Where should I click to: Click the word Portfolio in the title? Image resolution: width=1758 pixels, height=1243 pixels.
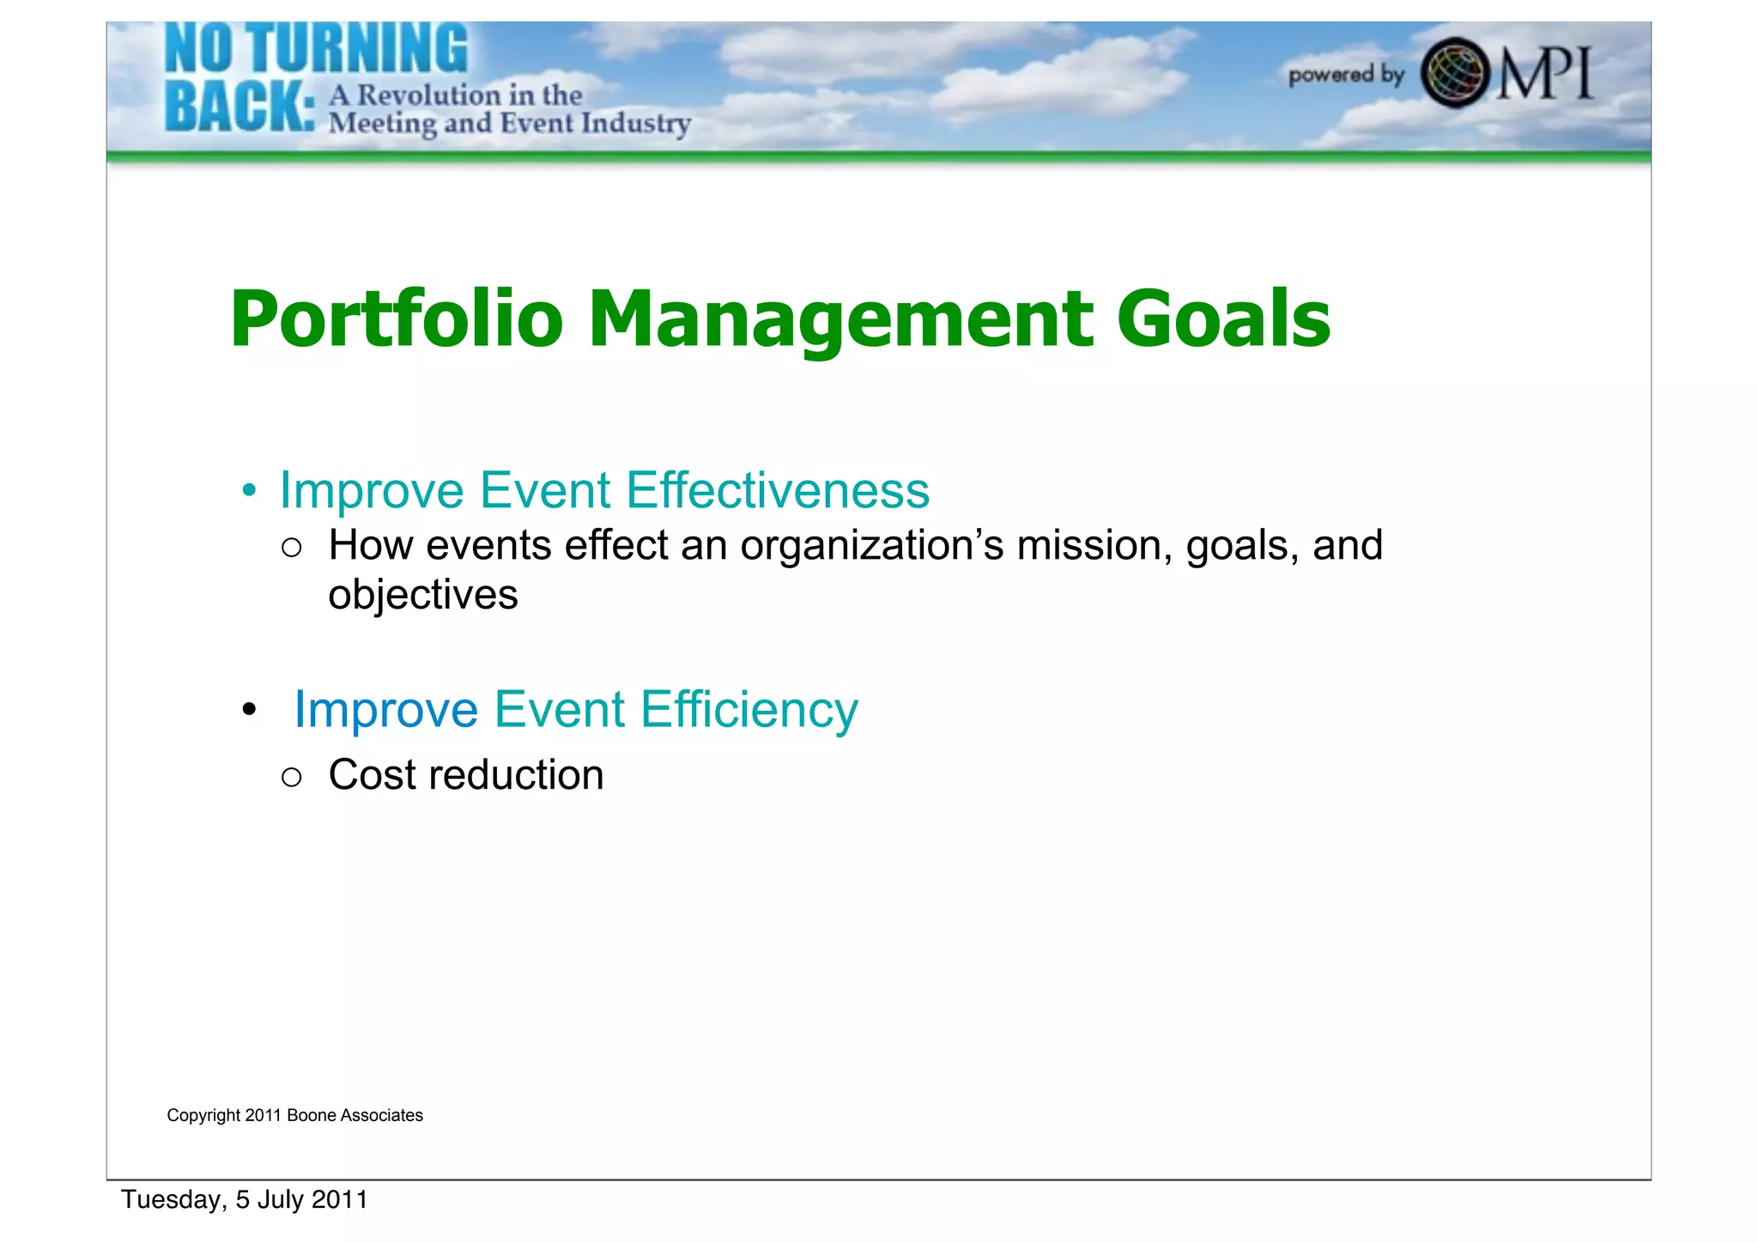tap(396, 319)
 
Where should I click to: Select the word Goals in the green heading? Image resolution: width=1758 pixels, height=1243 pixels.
tap(1222, 319)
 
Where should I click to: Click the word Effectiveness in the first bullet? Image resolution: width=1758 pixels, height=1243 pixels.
tap(777, 490)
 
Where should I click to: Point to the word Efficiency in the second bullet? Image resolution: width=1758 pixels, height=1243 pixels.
tap(749, 710)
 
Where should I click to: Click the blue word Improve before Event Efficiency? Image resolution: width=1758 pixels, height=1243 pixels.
tap(385, 710)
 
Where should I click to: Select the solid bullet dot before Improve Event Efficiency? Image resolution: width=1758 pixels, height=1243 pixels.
tap(249, 710)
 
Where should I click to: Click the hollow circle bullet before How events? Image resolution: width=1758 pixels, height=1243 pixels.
tap(292, 548)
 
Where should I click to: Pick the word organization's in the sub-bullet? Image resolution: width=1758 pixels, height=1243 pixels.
tap(871, 546)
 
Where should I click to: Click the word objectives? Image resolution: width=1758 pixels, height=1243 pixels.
tap(422, 595)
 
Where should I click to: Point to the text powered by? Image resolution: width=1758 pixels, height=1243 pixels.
tap(1345, 75)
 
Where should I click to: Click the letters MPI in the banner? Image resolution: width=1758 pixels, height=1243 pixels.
tap(1545, 74)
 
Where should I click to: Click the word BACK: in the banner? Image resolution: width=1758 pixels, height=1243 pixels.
tap(239, 106)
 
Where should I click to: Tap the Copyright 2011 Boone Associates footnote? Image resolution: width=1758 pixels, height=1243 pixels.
tap(294, 1115)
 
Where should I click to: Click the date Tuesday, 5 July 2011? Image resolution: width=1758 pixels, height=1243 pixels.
tap(245, 1199)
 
